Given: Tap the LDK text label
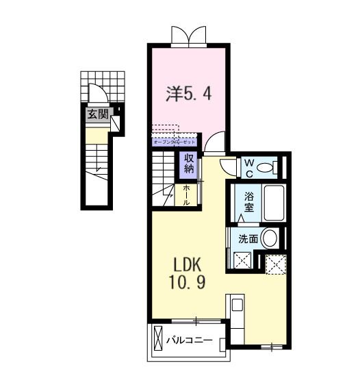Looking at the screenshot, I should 185,264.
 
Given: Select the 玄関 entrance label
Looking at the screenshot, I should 97,114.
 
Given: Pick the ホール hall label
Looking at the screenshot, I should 188,195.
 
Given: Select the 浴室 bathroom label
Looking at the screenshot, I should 250,202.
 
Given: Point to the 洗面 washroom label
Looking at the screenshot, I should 248,240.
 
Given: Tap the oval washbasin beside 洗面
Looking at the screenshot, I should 270,239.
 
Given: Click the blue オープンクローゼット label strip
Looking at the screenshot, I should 174,142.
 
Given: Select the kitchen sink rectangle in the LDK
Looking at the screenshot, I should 237,305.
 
